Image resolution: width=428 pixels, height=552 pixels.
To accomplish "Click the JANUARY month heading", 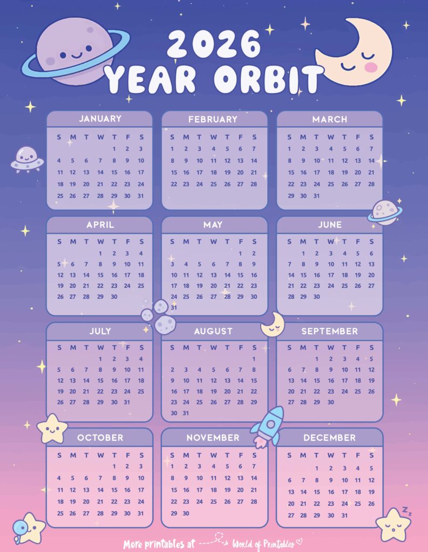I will coord(100,119).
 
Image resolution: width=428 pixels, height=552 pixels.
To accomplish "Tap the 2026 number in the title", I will coord(214,44).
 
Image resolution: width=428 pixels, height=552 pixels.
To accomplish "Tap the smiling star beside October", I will coord(52,429).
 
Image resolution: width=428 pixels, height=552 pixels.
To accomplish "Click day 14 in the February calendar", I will coord(254,160).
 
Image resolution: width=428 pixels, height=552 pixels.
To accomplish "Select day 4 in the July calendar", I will coord(141,358).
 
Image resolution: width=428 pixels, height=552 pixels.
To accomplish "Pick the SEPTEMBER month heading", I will coord(329,331).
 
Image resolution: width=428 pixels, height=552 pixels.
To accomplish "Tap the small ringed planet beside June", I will coord(384,211).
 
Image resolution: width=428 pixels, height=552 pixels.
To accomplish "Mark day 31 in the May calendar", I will coord(173,307).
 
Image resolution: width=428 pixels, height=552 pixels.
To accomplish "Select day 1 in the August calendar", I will coord(254,358).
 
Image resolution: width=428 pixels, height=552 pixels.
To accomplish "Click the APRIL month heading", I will coord(100,225).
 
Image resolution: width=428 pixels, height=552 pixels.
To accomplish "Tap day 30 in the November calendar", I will coord(186,513).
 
